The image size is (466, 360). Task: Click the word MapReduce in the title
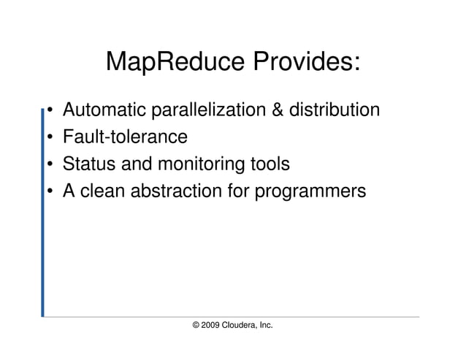coord(176,63)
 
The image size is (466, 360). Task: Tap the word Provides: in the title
coord(307,63)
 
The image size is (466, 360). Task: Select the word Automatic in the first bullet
coord(104,111)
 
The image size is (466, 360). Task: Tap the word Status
coord(85,164)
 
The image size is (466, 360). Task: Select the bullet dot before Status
coord(49,164)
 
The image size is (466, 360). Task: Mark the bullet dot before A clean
coord(49,191)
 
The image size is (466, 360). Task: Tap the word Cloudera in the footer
coord(244,323)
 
